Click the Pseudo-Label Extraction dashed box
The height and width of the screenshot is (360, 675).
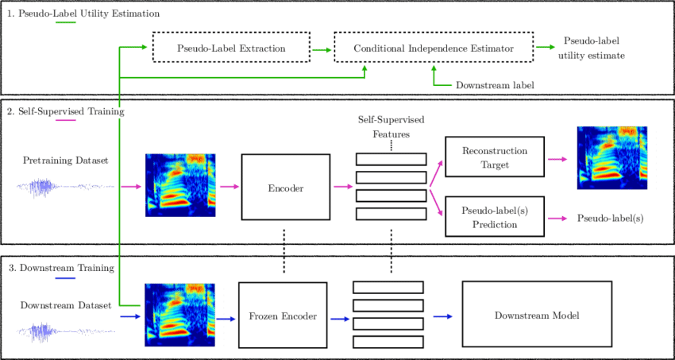(x=230, y=49)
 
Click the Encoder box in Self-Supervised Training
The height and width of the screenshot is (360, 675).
(x=283, y=187)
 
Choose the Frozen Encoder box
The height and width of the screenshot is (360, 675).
(x=283, y=315)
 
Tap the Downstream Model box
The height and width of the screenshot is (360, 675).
(x=536, y=315)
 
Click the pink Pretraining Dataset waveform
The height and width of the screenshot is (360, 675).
(x=52, y=188)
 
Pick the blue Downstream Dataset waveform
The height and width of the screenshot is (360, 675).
(x=52, y=329)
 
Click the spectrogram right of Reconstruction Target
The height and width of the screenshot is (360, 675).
(x=611, y=158)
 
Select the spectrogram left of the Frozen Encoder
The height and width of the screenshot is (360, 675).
(x=179, y=315)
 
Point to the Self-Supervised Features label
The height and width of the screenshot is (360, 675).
(x=391, y=126)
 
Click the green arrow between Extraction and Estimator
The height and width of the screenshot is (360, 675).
(x=321, y=49)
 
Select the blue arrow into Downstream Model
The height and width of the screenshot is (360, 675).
(x=442, y=315)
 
